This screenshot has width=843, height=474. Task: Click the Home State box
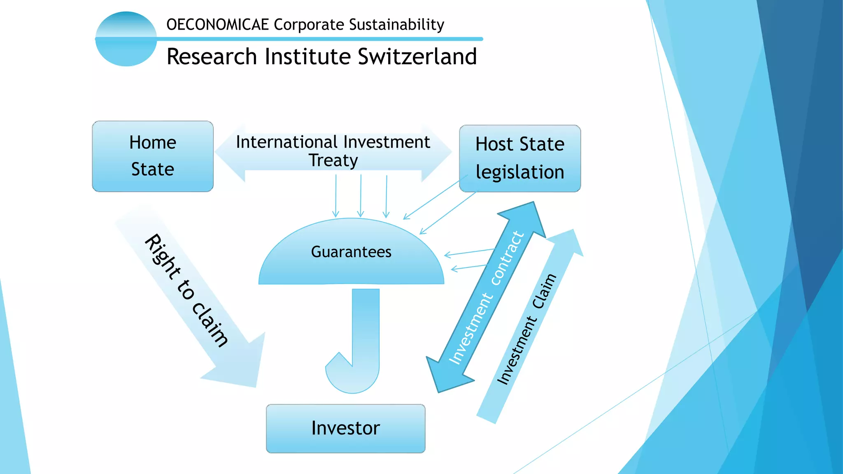[x=153, y=156]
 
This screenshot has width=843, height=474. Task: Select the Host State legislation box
[x=520, y=158]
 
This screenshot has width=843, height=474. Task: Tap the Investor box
[x=345, y=428]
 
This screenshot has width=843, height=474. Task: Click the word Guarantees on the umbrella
[x=351, y=252]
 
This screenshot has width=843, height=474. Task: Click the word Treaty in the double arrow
[x=333, y=160]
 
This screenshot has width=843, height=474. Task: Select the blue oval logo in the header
[x=126, y=39]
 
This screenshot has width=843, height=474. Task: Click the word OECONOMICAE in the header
[x=217, y=25]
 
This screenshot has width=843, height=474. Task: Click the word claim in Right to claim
[x=210, y=325]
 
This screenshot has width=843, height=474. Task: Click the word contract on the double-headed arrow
[x=508, y=258]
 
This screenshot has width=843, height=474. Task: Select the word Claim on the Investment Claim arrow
[x=544, y=291]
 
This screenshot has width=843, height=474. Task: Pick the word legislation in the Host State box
[x=520, y=172]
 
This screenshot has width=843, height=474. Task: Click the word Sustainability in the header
[x=396, y=25]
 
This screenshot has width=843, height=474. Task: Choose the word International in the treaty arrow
[x=286, y=142]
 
